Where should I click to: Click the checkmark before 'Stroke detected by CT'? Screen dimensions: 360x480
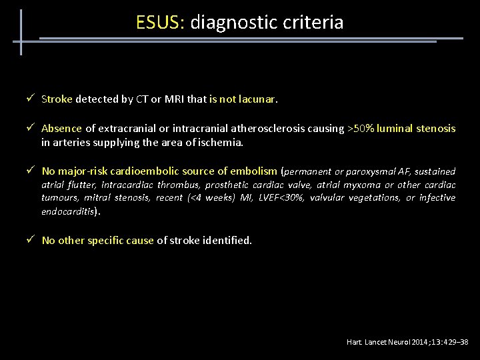click(31, 99)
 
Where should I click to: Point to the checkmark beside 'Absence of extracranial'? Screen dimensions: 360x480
click(31, 128)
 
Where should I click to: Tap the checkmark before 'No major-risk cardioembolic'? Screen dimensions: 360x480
click(31, 171)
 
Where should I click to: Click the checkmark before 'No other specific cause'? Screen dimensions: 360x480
click(31, 240)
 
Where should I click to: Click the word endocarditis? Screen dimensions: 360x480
click(67, 211)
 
